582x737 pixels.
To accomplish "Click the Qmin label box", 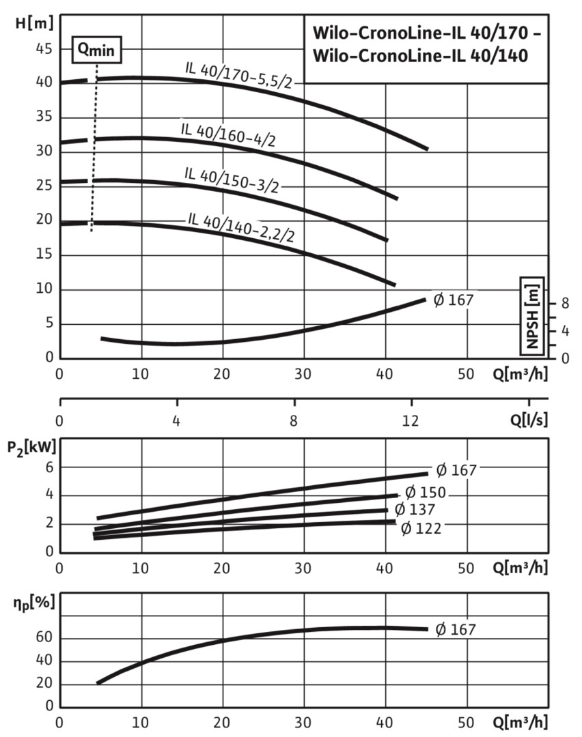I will (97, 48).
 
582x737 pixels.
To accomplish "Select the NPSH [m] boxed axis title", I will (532, 315).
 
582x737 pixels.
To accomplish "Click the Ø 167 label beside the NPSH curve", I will (454, 299).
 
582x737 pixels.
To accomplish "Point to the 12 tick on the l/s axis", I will (411, 420).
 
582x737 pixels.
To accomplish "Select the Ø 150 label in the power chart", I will (426, 492).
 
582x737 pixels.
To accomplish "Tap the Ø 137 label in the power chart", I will (415, 509).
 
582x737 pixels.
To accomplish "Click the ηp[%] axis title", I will (30, 603).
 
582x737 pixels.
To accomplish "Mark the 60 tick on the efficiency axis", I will (44, 639).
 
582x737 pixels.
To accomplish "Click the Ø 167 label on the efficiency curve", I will (455, 629).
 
